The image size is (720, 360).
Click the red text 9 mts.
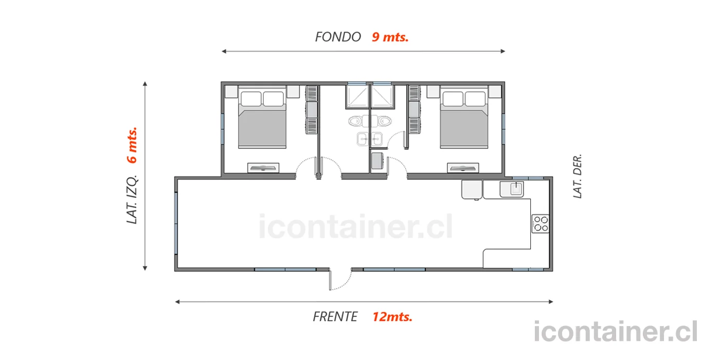[x=390, y=37]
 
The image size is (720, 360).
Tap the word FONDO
[x=338, y=37]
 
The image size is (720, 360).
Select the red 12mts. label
[x=392, y=317]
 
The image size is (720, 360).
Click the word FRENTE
[x=335, y=317]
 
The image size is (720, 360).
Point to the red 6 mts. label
[x=132, y=145]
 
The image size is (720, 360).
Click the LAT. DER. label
[x=577, y=176]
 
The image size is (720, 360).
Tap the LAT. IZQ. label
[x=132, y=200]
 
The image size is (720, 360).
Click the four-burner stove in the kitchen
[x=541, y=224]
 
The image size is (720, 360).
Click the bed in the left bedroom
[x=262, y=117]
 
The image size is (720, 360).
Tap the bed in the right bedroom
[x=464, y=117]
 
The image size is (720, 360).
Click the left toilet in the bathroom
[x=355, y=121]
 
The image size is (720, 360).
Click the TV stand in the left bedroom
[x=263, y=168]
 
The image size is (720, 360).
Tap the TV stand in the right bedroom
[x=463, y=168]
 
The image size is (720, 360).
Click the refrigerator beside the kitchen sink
[x=472, y=190]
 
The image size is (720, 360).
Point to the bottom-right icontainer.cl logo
[x=616, y=331]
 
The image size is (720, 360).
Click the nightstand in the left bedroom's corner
[x=231, y=92]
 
